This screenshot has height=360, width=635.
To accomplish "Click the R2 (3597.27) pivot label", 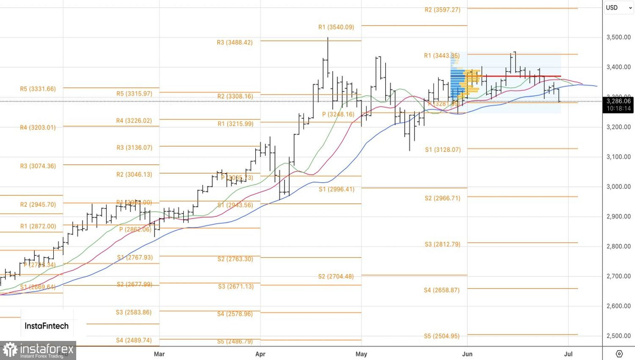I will coord(442,10).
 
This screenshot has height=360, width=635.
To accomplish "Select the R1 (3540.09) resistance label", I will coord(336,27).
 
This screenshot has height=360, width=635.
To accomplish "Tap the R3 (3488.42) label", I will coord(235,42).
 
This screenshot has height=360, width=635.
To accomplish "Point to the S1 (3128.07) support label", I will coord(443,150).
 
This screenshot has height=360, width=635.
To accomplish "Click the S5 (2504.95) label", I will coord(442,336).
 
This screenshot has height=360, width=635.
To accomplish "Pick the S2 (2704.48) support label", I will coord(336,277).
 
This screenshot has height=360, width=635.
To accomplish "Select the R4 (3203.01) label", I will coord(38,127).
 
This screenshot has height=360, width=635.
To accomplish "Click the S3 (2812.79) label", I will coord(442,244).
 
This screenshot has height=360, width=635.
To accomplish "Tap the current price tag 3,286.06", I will coord(618,101).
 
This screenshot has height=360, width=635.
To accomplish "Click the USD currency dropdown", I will coord(618,8).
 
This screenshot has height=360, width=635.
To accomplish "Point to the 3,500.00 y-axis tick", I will coord(618,37).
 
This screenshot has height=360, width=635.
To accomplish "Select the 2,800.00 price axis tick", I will coord(618,246).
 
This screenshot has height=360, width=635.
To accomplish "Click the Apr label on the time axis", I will coord(260,354).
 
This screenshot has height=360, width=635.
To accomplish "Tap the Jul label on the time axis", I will coord(568,354).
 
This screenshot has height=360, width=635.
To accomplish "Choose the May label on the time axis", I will coord(361,354).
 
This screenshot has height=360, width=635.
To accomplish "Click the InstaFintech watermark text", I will coord(47,326).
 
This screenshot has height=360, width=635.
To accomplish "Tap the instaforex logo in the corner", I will coord(38,350).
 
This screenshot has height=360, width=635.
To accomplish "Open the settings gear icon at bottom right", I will coord(619,354).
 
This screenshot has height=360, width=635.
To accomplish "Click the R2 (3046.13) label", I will coord(134,174).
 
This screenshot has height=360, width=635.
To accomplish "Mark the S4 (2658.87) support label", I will coord(442,290).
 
